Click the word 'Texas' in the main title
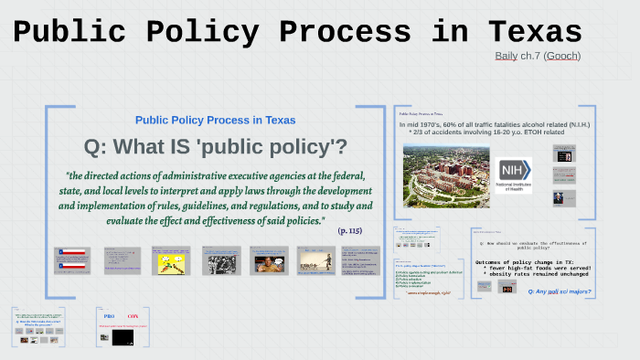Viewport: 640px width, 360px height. (x=536, y=32)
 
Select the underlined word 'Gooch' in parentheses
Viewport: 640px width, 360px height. (x=562, y=56)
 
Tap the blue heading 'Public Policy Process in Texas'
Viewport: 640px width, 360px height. (x=215, y=121)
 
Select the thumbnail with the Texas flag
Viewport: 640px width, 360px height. (x=72, y=259)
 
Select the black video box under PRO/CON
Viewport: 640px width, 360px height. (x=123, y=338)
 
